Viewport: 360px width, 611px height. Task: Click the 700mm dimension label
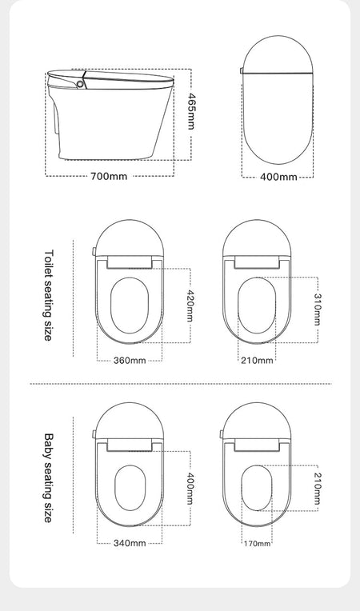(x=109, y=177)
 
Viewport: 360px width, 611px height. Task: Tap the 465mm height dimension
(x=191, y=111)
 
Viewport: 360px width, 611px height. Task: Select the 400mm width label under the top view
(x=278, y=178)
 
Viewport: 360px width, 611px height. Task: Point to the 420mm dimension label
(x=190, y=305)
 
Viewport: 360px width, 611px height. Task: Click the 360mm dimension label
(x=130, y=361)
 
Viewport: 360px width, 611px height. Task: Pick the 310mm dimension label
(x=317, y=309)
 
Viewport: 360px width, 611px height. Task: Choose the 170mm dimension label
(x=257, y=543)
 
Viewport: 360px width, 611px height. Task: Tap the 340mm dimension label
(x=130, y=543)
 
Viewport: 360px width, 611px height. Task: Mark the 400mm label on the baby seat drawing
(x=190, y=489)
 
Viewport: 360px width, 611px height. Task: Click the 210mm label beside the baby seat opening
(x=317, y=489)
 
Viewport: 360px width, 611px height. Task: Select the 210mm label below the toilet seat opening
(x=257, y=361)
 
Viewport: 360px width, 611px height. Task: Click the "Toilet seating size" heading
(x=48, y=295)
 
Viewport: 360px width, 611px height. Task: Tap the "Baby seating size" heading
(x=48, y=477)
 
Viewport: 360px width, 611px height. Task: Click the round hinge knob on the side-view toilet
(x=80, y=84)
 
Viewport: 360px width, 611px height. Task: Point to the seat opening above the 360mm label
(x=130, y=305)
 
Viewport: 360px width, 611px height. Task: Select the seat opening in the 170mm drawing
(x=256, y=488)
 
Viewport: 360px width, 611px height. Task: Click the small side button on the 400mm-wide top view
(x=242, y=70)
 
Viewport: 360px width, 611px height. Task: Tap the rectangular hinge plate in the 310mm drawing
(x=257, y=262)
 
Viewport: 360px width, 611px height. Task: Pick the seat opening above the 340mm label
(x=130, y=488)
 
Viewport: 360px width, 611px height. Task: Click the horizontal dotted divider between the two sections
(x=181, y=384)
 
